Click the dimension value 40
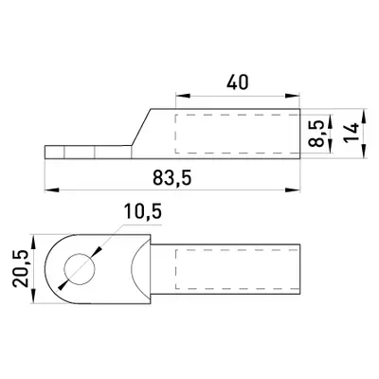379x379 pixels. point(238,82)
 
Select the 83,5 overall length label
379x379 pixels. point(172,178)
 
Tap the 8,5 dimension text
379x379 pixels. point(316,134)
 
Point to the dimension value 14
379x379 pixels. point(352,133)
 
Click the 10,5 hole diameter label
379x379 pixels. point(143,211)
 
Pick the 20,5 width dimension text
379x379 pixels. point(21,268)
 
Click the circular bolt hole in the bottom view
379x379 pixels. point(80,269)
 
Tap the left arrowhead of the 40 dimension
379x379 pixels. point(183,96)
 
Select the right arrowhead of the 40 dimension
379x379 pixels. point(292,96)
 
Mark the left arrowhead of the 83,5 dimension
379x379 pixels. point(52,189)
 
